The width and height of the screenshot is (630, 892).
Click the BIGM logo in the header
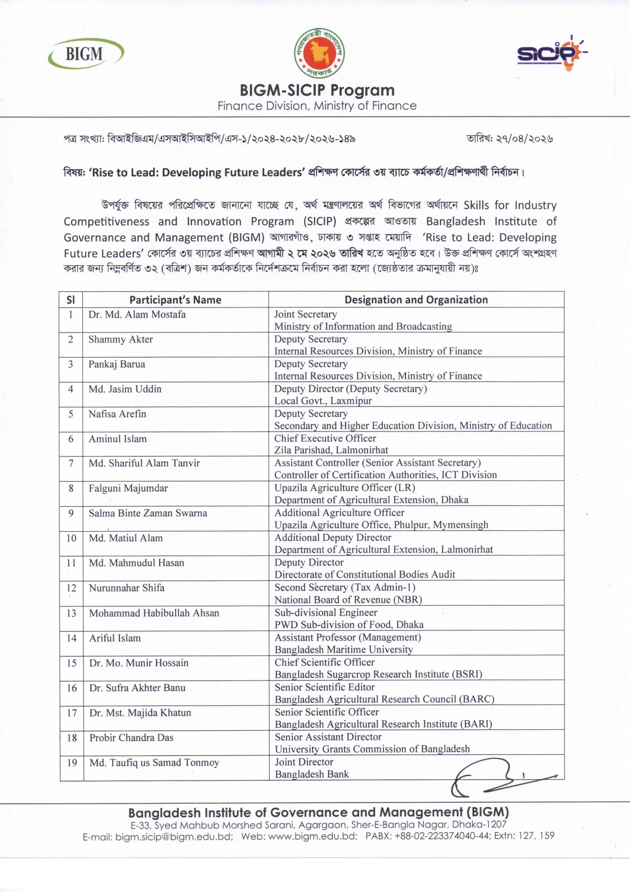point(85,54)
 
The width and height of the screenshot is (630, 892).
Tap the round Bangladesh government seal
point(319,53)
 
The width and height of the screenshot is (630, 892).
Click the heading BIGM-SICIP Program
point(317,90)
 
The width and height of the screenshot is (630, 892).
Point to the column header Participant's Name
point(175,300)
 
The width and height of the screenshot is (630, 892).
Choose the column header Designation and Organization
point(416,300)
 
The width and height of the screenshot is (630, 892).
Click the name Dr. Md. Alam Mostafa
point(137,315)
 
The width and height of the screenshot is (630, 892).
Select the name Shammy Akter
point(120,340)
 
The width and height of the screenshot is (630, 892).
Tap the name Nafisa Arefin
point(117,414)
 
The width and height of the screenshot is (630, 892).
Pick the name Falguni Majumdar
point(128,488)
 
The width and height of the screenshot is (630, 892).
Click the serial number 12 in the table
point(71,588)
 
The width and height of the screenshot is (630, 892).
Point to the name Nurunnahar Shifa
point(127,588)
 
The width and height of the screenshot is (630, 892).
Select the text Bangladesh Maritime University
point(343,650)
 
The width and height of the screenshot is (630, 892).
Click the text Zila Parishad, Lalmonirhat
point(331,450)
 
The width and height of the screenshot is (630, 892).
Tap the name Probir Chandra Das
point(131,737)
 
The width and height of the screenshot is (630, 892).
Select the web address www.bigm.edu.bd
point(312,836)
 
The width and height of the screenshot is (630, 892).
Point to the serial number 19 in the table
point(72,762)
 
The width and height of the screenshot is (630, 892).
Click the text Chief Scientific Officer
point(324,663)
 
